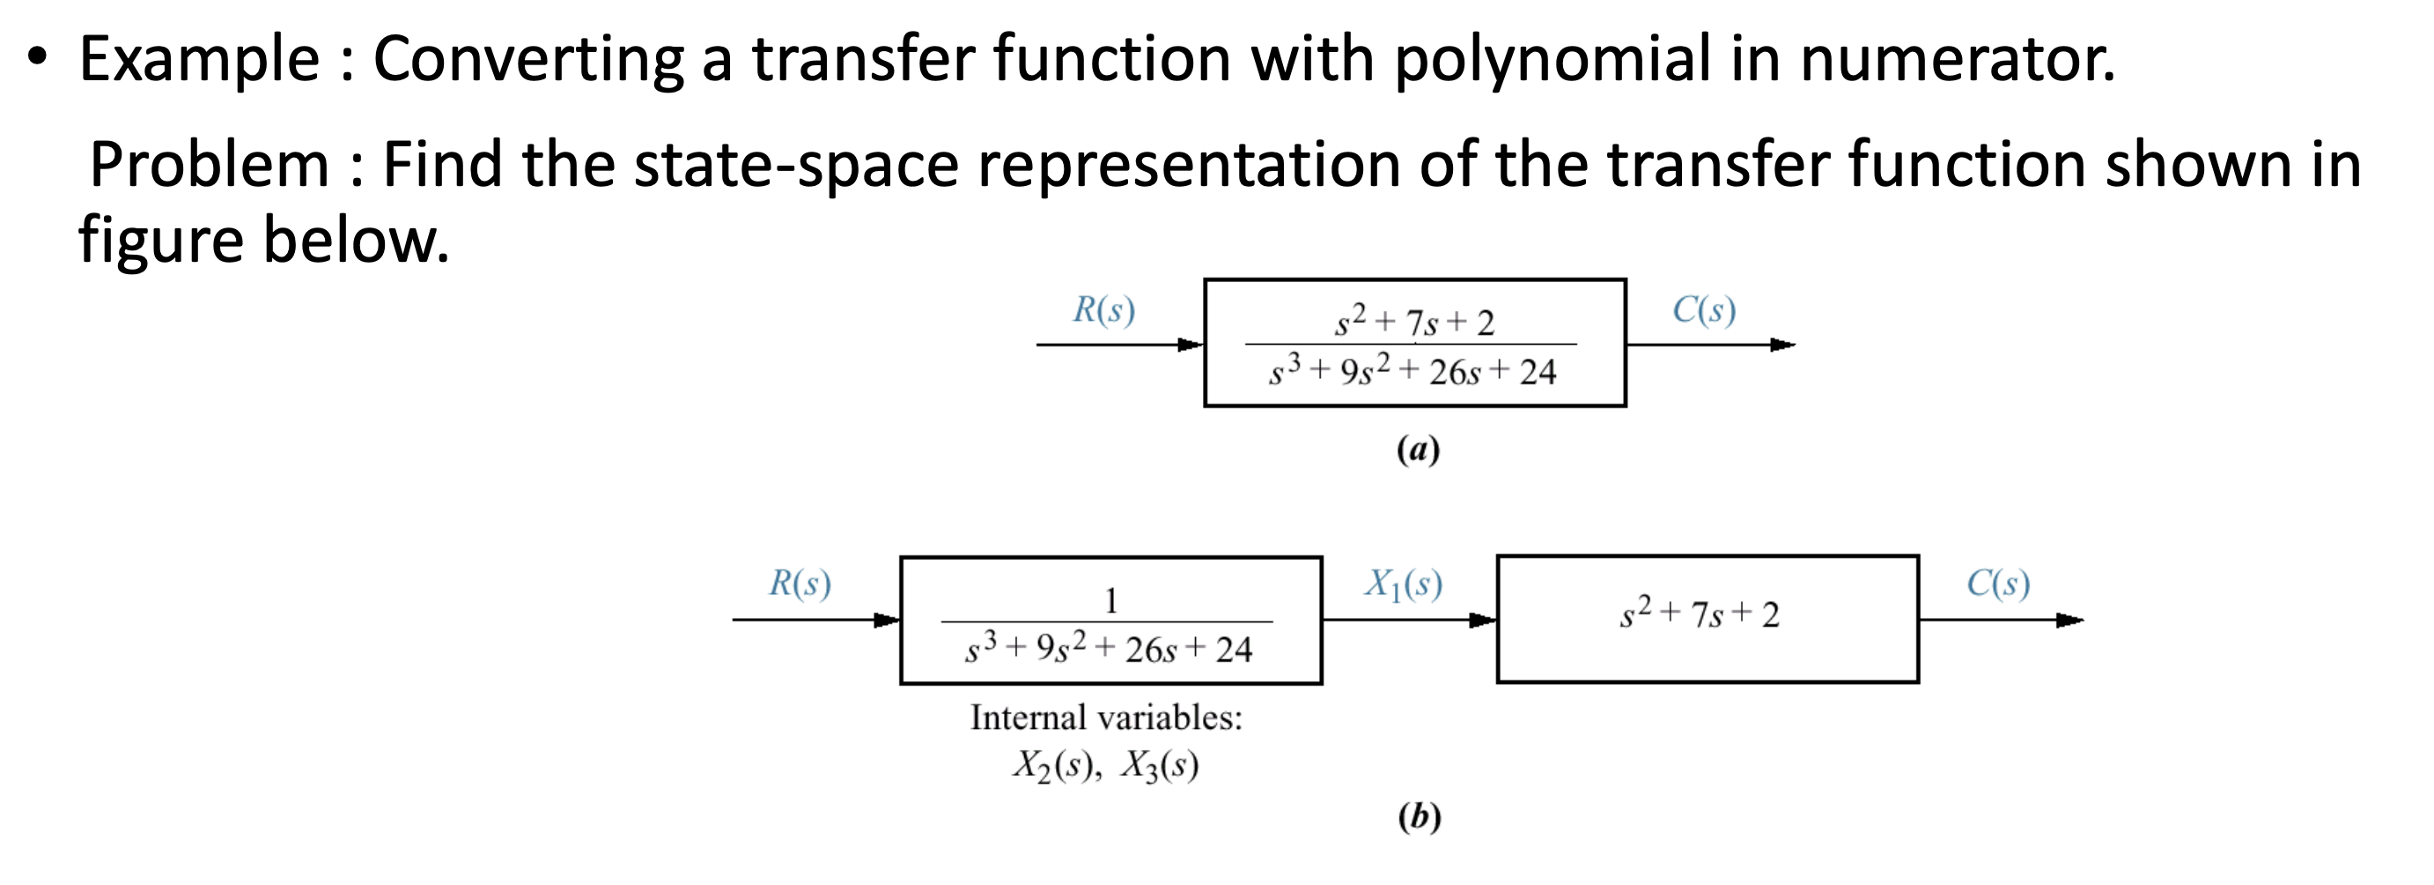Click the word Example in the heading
click(x=198, y=59)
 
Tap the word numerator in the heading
click(x=1956, y=59)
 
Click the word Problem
click(x=209, y=165)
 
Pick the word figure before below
click(x=159, y=238)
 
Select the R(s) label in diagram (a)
click(x=1103, y=310)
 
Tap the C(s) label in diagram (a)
click(x=1704, y=310)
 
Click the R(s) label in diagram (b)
click(x=800, y=584)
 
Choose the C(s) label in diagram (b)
click(x=1997, y=584)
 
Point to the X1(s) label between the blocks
click(x=1402, y=584)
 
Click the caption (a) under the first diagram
click(x=1417, y=450)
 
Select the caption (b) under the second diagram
click(x=1419, y=816)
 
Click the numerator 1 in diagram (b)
click(x=1111, y=600)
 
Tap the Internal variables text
click(x=1105, y=718)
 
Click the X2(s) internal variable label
click(x=1056, y=766)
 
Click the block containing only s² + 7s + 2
click(x=1707, y=619)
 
